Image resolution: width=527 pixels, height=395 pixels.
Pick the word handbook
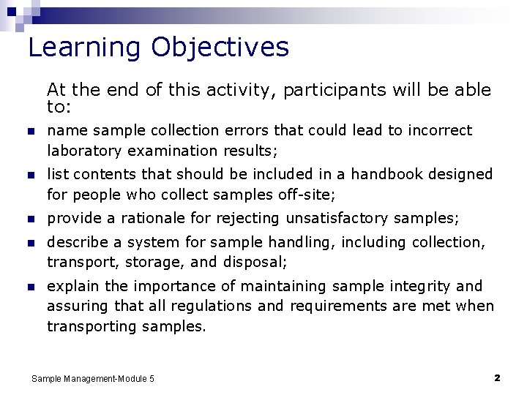(x=377, y=174)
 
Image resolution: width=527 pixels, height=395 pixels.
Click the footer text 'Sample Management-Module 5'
(x=93, y=379)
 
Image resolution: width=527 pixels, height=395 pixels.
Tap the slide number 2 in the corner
(x=497, y=378)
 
